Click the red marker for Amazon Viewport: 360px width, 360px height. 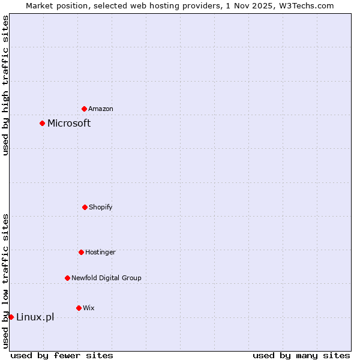coord(85,109)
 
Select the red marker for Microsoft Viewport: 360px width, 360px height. coord(42,124)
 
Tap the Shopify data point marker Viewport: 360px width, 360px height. coord(85,207)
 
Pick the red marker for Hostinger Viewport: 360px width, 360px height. coord(81,252)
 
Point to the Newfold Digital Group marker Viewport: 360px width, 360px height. coord(67,278)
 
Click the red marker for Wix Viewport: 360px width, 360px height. coord(79,308)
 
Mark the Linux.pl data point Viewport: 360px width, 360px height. coord(11,317)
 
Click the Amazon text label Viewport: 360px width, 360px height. coord(101,109)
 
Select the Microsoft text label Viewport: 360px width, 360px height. coord(69,124)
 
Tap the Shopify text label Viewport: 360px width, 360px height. coord(101,207)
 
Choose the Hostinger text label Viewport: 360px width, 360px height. coord(100,252)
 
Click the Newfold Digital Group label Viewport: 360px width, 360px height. coord(106,278)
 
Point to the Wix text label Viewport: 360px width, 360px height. coord(89,308)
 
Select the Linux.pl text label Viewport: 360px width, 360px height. coord(35,317)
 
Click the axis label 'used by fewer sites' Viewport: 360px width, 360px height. coord(62,355)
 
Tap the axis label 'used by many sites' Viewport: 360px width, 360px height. coord(301,355)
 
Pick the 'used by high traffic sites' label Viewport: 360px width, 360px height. coord(5,85)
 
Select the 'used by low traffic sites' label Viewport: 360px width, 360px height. coord(5,281)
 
